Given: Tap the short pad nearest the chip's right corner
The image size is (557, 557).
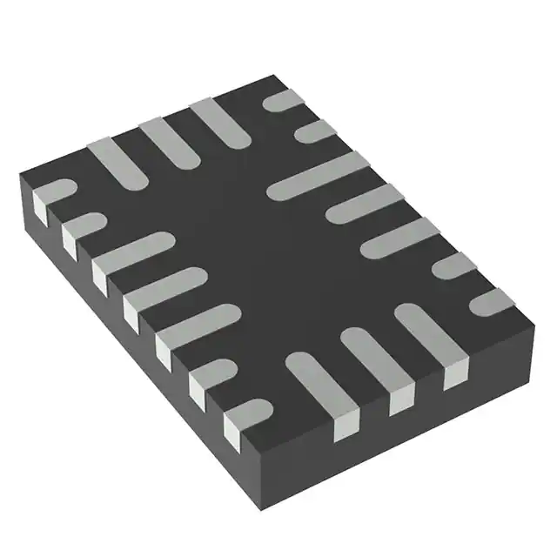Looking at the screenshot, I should [493, 301].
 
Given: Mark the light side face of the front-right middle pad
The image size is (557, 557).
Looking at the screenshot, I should [400, 401].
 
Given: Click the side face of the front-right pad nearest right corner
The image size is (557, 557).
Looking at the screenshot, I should [456, 376].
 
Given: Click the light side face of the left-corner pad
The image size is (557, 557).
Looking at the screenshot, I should [39, 207].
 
